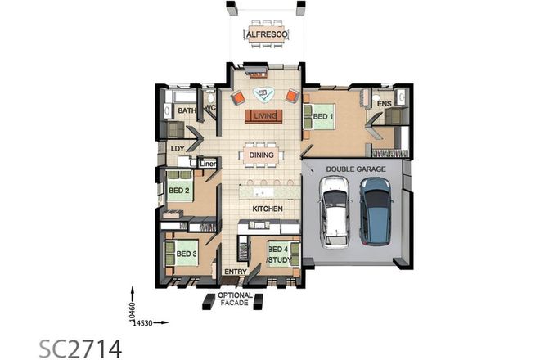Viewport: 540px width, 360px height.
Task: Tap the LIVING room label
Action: point(263,116)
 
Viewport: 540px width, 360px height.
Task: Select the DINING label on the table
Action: point(262,154)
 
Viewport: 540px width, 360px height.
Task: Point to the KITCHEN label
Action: point(267,209)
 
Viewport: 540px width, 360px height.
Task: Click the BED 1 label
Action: point(322,117)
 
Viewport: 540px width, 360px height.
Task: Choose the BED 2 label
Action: point(178,191)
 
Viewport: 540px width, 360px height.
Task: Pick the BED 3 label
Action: point(187,254)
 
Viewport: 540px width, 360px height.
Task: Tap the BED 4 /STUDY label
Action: point(278,254)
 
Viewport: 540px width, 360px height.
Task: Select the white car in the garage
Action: point(335,212)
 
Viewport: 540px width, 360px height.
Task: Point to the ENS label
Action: point(384,104)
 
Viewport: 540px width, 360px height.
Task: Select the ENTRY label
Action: point(236,272)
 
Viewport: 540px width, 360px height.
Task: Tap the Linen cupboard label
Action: point(208,162)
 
